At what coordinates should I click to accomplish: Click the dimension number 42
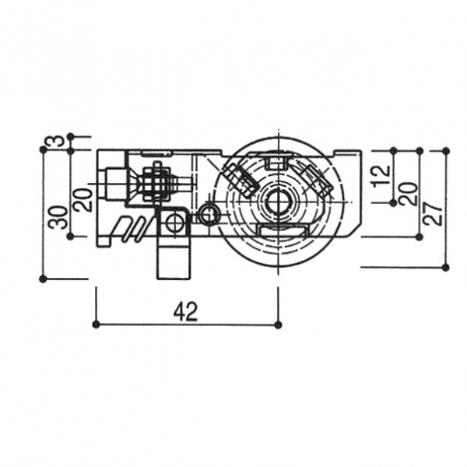point(185,311)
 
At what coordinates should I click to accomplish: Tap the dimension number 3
point(58,140)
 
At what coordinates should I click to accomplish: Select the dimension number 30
point(58,217)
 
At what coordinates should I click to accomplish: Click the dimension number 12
point(381,177)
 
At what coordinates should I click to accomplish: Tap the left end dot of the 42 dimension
point(96,325)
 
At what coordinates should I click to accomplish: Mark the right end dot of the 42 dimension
point(279,325)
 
